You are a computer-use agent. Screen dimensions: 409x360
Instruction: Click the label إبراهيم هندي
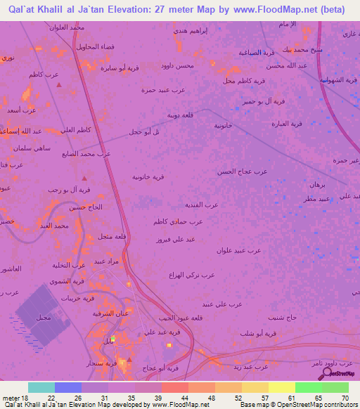[189, 32]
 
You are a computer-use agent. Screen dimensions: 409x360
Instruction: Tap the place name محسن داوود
[176, 65]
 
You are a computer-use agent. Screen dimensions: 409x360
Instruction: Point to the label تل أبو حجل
[145, 131]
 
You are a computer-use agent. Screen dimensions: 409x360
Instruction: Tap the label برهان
[317, 184]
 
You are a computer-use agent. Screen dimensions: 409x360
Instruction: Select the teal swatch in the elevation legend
[41, 387]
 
